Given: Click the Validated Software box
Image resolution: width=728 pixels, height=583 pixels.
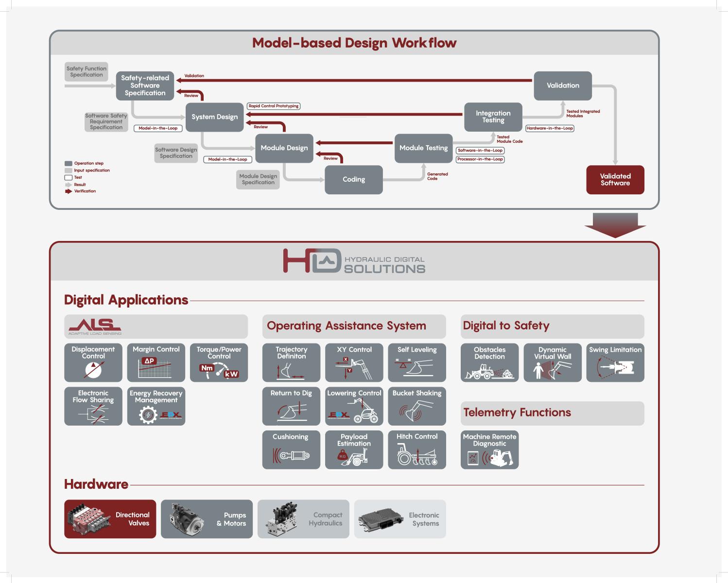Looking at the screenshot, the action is [615, 180].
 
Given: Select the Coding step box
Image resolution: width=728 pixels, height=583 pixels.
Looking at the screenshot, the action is [353, 180].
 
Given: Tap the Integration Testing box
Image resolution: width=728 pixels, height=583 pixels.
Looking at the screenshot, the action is [493, 117].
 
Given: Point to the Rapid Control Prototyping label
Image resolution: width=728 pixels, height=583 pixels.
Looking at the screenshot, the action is [273, 106].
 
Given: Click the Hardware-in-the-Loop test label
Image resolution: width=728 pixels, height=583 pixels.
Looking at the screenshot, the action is [549, 128].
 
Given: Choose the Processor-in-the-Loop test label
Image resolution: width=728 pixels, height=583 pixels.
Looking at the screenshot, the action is [480, 159].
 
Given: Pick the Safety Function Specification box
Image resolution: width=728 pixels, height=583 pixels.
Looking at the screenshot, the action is [87, 71].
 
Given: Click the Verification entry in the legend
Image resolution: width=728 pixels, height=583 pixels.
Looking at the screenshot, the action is [81, 191].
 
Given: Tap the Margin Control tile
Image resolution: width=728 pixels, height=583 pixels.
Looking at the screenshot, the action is [156, 362].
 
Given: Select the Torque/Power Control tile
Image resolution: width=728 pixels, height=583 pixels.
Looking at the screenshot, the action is [219, 362].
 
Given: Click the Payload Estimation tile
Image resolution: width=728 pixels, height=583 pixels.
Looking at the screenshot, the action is [354, 449].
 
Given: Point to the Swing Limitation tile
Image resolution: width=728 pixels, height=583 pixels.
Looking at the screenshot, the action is [615, 362].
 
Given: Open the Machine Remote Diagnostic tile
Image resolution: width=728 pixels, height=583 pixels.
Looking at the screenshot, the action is [489, 449].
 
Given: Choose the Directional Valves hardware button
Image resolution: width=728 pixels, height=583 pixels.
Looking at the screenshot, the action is [110, 519].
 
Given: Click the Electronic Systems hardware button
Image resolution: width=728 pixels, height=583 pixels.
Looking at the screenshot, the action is [400, 519].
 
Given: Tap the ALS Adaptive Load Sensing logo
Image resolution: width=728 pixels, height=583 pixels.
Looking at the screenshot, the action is [95, 326].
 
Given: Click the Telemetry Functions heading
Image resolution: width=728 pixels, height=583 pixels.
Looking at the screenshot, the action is [517, 412].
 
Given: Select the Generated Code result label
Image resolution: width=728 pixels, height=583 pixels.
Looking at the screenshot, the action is [437, 176].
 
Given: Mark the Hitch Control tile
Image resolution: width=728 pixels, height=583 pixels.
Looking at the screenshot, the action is [417, 449].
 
